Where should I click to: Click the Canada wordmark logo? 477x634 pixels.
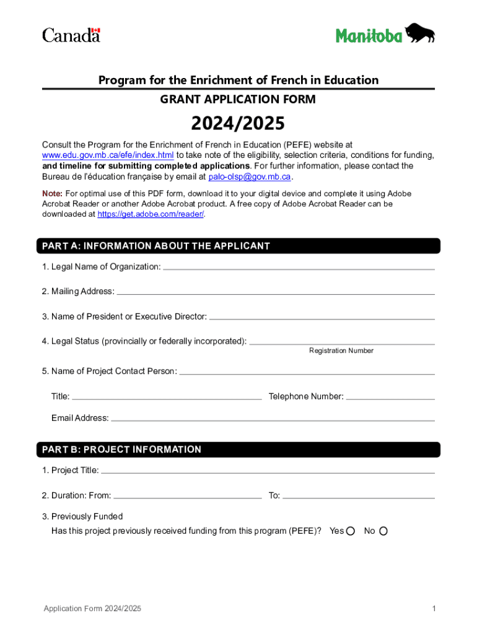[x=71, y=35]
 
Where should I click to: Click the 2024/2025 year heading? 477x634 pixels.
[x=238, y=124]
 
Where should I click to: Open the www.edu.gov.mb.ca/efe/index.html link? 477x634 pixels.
[x=108, y=155]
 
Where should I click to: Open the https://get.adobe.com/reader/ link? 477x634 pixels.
[x=151, y=214]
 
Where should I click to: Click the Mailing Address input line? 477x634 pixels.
[x=276, y=292]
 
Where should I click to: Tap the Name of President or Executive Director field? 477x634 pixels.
[x=322, y=318]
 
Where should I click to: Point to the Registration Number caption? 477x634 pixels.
[x=341, y=350]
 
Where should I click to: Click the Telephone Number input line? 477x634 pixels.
[x=390, y=397]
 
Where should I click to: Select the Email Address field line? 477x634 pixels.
[x=273, y=419]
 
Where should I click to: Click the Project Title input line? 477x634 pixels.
[x=268, y=471]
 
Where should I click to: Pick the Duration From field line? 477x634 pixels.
[x=188, y=497]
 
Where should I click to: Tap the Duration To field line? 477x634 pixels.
[x=359, y=497]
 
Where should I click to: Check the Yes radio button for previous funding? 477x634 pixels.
[x=351, y=531]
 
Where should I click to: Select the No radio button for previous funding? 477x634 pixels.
[x=383, y=531]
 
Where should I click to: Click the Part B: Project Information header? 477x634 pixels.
[x=121, y=449]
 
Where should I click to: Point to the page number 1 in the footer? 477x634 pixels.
[x=434, y=609]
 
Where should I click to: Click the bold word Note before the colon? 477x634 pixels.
[x=51, y=194]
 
